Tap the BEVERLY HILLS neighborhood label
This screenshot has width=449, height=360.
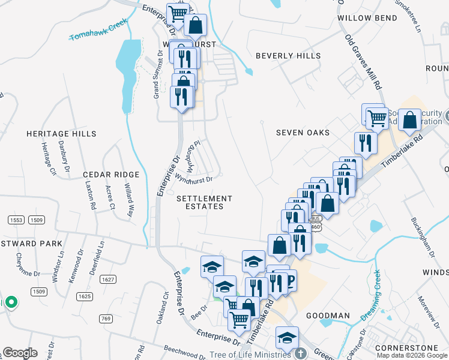288,56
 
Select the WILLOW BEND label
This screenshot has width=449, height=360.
367,18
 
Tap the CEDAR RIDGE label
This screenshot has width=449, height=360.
111,175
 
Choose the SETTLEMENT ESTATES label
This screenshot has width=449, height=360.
204,202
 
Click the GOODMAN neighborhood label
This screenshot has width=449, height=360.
328,316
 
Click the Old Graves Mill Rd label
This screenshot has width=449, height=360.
364,62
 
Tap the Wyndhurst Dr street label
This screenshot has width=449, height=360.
193,179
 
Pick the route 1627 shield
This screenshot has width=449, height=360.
108,279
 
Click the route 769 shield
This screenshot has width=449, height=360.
106,319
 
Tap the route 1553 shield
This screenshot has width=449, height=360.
16,220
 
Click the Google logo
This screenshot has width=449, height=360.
20,353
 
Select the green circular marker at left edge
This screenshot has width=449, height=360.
10,302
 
